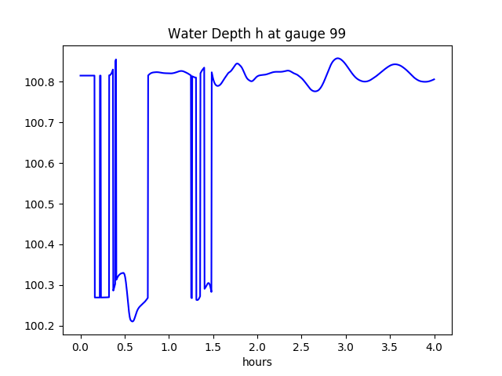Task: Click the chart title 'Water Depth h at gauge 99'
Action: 256,34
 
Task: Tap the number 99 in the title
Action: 337,34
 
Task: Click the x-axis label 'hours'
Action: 256,363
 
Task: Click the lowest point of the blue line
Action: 133,321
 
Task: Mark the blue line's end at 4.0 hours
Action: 435,79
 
